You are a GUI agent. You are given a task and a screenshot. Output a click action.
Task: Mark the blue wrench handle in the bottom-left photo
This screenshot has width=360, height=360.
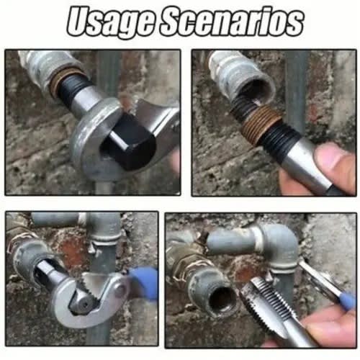[x=144, y=283]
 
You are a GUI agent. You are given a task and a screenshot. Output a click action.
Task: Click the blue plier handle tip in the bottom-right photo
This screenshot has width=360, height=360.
[x=347, y=301]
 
